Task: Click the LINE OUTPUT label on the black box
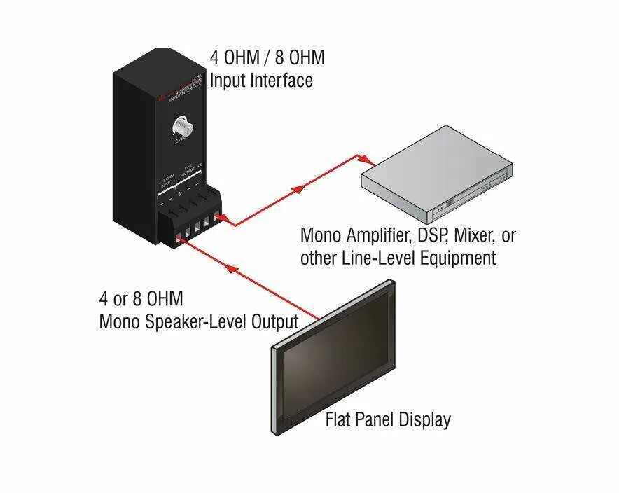[x=188, y=172]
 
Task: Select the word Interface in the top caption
[x=280, y=81]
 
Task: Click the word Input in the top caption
[x=228, y=81]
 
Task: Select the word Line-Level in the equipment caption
[x=378, y=258]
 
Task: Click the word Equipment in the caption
[x=458, y=259]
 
